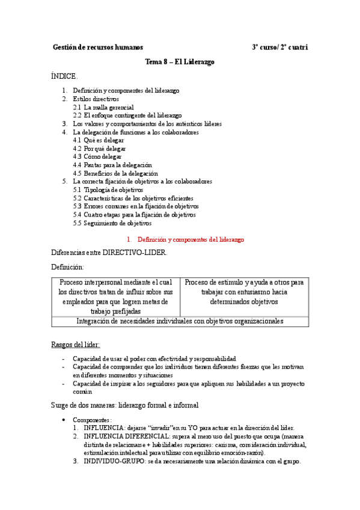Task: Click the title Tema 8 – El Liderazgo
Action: (180, 62)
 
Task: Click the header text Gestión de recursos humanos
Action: (97, 47)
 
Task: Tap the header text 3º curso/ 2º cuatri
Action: (280, 47)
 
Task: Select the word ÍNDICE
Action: (64, 76)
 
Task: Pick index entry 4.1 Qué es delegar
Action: (99, 140)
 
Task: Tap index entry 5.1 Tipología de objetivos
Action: (108, 189)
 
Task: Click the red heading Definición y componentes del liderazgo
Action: (191, 239)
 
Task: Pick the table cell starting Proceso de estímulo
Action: (244, 292)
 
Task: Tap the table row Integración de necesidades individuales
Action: (180, 321)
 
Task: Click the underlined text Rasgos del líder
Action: (76, 345)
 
